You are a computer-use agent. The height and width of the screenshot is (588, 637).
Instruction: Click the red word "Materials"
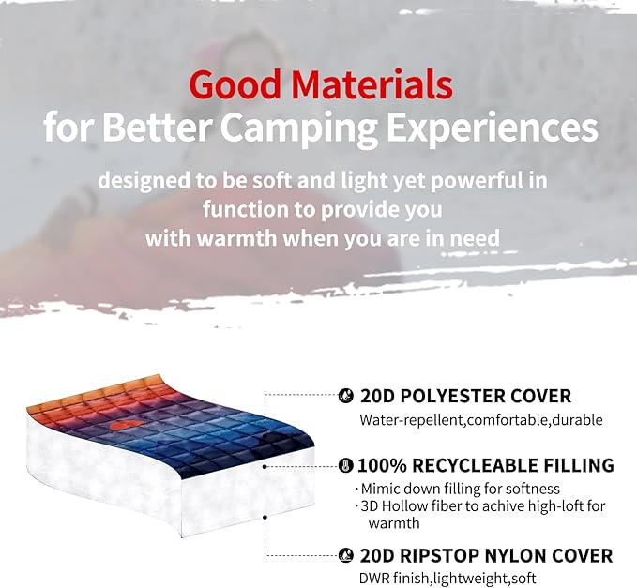pos(372,84)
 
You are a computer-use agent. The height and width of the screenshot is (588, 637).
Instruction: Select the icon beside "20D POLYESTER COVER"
pos(345,396)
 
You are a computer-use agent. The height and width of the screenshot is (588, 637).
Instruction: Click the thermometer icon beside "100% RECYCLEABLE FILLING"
pos(345,465)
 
